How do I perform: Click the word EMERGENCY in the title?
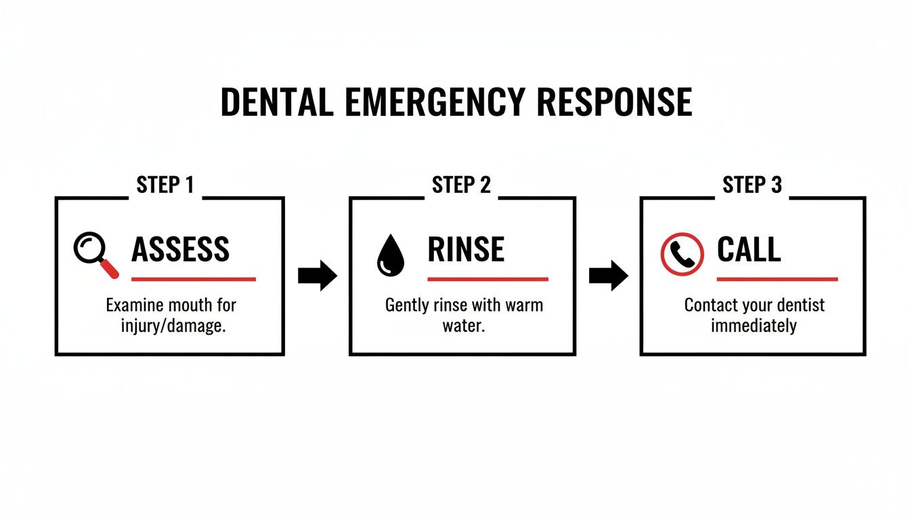(x=434, y=103)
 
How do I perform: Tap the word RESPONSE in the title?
(x=615, y=103)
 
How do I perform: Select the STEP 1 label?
(x=165, y=185)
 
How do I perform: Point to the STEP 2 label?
(x=461, y=185)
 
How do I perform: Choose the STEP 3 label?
(x=752, y=185)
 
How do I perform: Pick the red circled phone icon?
(x=682, y=254)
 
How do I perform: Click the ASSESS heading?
(x=181, y=251)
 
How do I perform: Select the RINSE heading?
(x=466, y=251)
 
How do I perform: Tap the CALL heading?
(x=749, y=251)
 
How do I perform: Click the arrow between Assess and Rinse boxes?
(x=317, y=276)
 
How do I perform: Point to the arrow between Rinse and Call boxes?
(x=608, y=276)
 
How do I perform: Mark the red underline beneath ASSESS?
(x=193, y=278)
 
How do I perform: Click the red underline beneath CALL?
(x=777, y=278)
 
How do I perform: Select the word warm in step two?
(x=523, y=305)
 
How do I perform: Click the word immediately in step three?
(x=753, y=326)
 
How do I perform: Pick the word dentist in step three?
(x=798, y=305)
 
